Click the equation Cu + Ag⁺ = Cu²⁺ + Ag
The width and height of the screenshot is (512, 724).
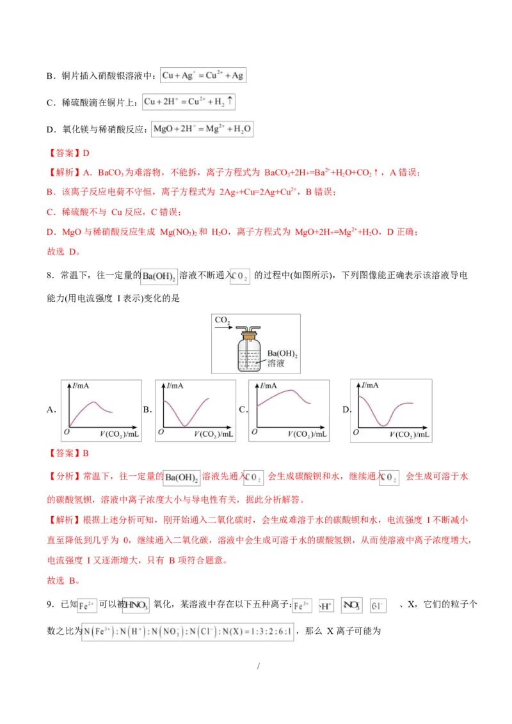tap(202, 75)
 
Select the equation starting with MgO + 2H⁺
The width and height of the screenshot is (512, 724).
tap(202, 129)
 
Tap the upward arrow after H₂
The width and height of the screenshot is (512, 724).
tap(231, 101)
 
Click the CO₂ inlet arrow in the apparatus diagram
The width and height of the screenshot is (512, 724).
tap(224, 327)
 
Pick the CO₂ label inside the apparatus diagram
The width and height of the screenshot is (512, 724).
tap(222, 320)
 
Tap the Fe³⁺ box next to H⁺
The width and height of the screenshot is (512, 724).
tap(301, 605)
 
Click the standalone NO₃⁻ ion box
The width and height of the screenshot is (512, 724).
tap(351, 605)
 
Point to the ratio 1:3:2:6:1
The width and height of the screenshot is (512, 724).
tap(275, 633)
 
